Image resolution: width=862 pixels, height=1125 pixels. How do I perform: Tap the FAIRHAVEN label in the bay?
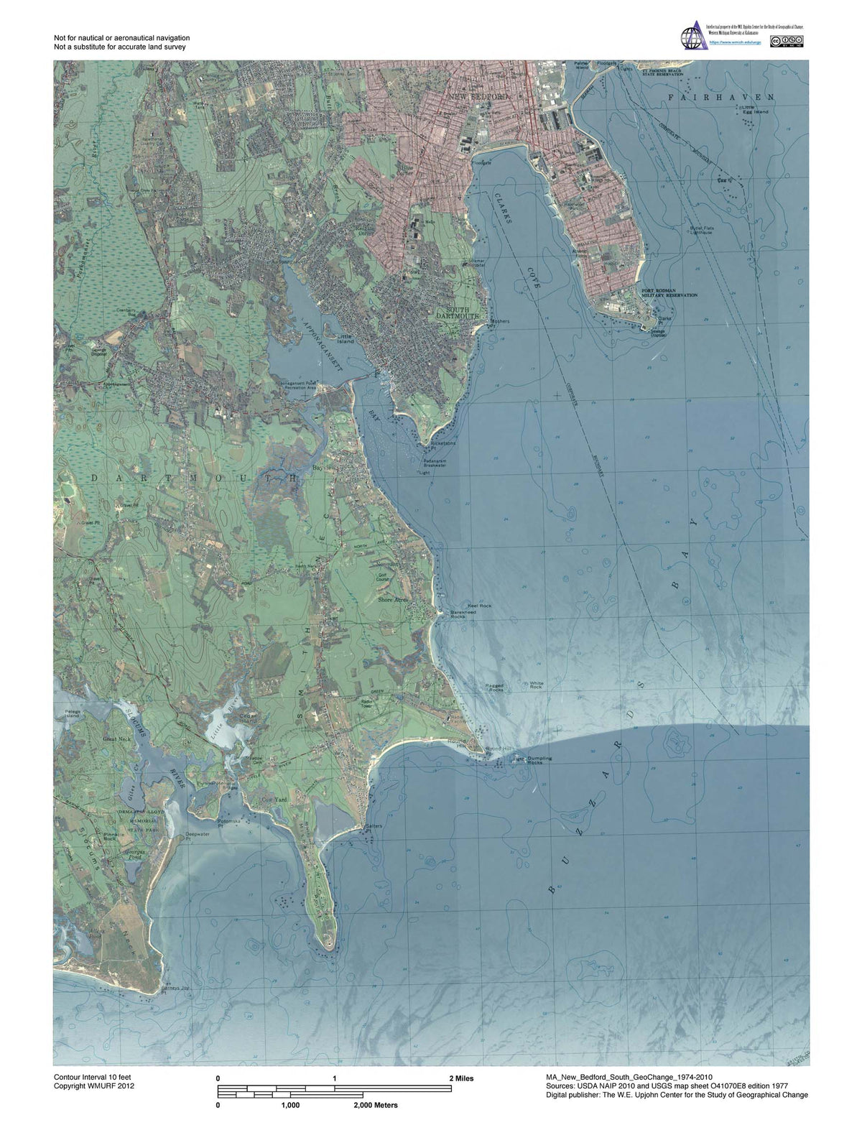click(x=720, y=96)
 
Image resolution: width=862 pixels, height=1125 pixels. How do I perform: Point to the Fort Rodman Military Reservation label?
click(x=669, y=293)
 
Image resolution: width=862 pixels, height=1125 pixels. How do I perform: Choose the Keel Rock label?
click(x=479, y=606)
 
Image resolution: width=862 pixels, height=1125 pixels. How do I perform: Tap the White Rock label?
click(x=536, y=685)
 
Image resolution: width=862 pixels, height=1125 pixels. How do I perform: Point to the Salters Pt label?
click(x=374, y=826)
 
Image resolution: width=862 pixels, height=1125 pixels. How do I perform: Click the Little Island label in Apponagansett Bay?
click(x=345, y=338)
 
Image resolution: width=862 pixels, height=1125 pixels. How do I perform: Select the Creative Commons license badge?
click(x=787, y=41)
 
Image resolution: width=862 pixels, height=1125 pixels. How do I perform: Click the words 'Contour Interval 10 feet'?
click(x=92, y=1077)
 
